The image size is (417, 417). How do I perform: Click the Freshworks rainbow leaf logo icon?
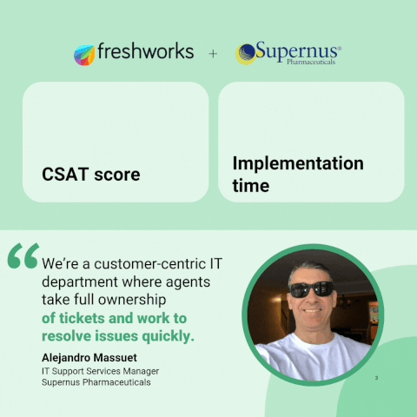tap(84, 55)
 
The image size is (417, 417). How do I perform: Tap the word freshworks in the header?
tap(146, 51)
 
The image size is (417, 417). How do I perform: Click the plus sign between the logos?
tap(213, 54)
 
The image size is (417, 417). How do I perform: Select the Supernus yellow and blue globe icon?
tap(246, 54)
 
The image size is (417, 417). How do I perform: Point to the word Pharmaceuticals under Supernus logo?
tap(311, 62)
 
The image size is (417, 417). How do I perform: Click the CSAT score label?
tap(91, 175)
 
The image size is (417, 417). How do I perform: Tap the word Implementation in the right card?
tap(298, 163)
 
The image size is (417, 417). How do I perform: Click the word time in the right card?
tap(251, 185)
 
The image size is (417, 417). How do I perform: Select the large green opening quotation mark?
tap(23, 255)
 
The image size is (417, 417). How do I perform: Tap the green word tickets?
tap(82, 318)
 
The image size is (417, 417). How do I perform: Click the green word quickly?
tap(168, 336)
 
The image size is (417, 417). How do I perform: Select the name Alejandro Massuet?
tap(89, 358)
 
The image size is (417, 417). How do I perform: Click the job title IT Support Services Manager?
tap(100, 371)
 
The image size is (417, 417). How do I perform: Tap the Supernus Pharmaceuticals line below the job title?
tap(96, 382)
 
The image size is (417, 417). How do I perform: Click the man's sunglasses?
tap(312, 289)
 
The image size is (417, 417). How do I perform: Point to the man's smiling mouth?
tap(313, 311)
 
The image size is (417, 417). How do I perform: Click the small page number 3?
tap(376, 378)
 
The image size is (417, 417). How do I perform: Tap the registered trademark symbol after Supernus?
tap(339, 49)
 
